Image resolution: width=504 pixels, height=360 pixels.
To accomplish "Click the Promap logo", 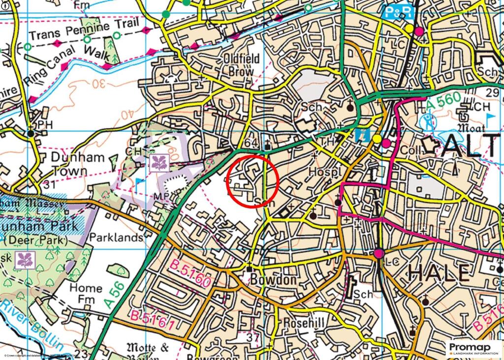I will [x=474, y=348].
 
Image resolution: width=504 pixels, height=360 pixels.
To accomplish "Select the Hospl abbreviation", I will [x=325, y=172].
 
